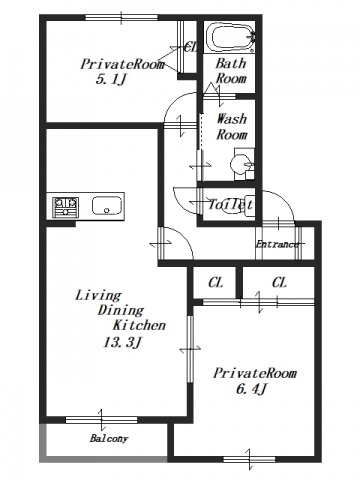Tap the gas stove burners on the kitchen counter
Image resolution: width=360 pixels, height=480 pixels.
click(x=65, y=207)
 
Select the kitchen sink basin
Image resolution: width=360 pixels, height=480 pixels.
click(x=107, y=206)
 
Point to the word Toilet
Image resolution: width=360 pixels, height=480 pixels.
click(x=230, y=204)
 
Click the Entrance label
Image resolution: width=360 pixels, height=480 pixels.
click(x=277, y=244)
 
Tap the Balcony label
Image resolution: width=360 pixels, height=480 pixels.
click(x=109, y=438)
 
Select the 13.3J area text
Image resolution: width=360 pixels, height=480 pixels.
click(x=123, y=342)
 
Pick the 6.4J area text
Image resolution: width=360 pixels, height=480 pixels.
click(x=252, y=389)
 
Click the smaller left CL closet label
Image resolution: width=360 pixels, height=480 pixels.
click(x=215, y=283)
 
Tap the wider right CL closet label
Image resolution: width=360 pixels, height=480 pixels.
click(x=279, y=283)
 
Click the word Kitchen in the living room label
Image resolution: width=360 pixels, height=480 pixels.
click(x=139, y=325)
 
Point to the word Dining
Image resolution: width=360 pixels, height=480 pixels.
click(x=121, y=311)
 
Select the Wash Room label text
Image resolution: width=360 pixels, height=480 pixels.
click(x=232, y=127)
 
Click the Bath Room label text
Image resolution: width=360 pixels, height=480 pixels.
click(x=231, y=70)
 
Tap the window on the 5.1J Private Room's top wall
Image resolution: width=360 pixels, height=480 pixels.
click(x=121, y=17)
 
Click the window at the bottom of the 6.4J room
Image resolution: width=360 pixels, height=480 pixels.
click(x=249, y=460)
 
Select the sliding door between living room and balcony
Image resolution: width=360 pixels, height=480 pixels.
click(x=101, y=420)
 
